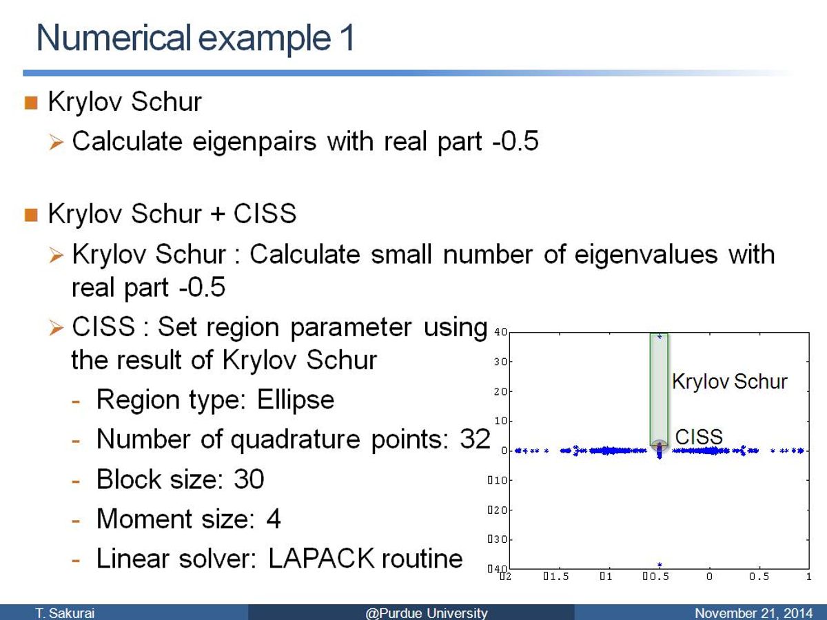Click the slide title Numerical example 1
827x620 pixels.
tap(195, 38)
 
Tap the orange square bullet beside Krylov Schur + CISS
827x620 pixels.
tap(31, 216)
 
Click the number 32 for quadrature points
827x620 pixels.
tap(475, 440)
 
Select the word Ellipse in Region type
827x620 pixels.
tap(296, 400)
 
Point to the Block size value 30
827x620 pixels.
tap(249, 479)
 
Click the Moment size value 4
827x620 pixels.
tap(274, 519)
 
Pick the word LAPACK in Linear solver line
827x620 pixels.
tap(321, 559)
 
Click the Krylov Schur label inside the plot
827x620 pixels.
tap(729, 382)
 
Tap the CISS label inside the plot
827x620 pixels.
tap(699, 437)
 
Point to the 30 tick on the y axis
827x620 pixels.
tap(500, 362)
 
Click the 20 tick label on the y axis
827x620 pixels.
tap(500, 391)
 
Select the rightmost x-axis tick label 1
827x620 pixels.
tap(809, 577)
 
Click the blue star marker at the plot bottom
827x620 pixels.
tap(660, 565)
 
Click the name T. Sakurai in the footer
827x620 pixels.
tap(65, 613)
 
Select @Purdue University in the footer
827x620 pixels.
tap(427, 613)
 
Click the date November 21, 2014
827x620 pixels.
tap(753, 613)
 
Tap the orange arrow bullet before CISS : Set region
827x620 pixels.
tap(56, 327)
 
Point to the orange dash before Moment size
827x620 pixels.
tap(76, 521)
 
